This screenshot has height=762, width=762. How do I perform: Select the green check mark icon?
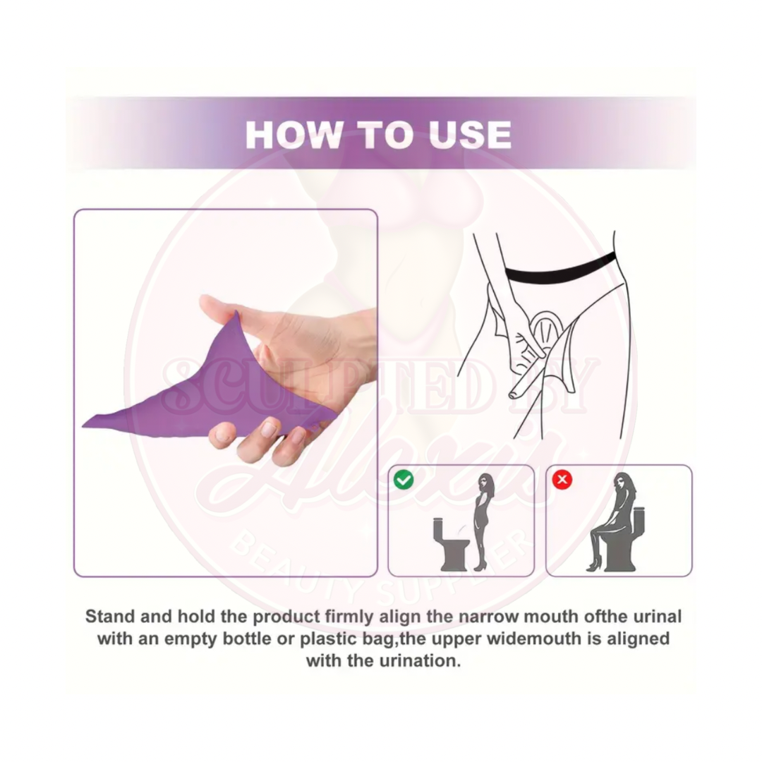[404, 480]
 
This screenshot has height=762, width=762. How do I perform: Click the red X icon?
[562, 480]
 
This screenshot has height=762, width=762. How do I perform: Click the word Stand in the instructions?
[111, 616]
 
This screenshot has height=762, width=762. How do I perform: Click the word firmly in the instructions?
[351, 616]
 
